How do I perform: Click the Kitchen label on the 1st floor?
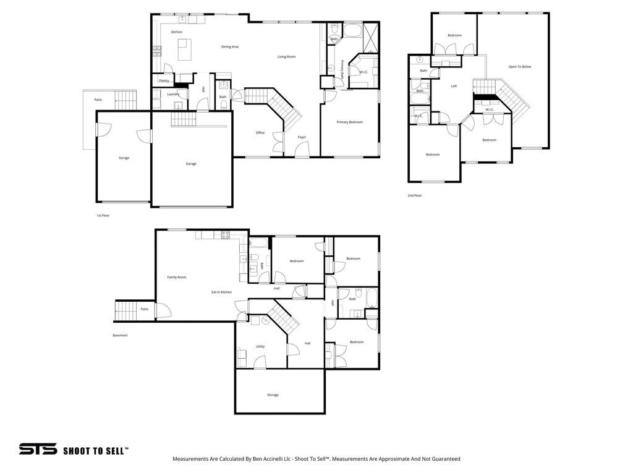click(177, 32)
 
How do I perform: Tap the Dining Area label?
click(230, 47)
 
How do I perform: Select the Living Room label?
click(286, 57)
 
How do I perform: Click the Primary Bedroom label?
click(349, 122)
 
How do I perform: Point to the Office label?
click(260, 133)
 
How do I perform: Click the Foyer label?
click(302, 137)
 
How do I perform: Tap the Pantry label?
click(164, 80)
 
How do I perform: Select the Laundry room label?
click(173, 94)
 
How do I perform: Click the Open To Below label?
click(519, 67)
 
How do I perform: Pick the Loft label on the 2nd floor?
click(454, 86)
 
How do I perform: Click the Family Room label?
click(177, 277)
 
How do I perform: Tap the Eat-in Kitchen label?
click(221, 292)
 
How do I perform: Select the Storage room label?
click(273, 395)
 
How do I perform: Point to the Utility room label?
click(260, 346)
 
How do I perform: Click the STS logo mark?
click(38, 450)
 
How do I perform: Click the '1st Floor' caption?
click(103, 215)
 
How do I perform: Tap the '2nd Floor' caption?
click(414, 195)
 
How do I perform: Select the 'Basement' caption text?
click(120, 335)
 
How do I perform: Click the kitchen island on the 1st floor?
click(184, 49)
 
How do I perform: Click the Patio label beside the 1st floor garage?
click(98, 100)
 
